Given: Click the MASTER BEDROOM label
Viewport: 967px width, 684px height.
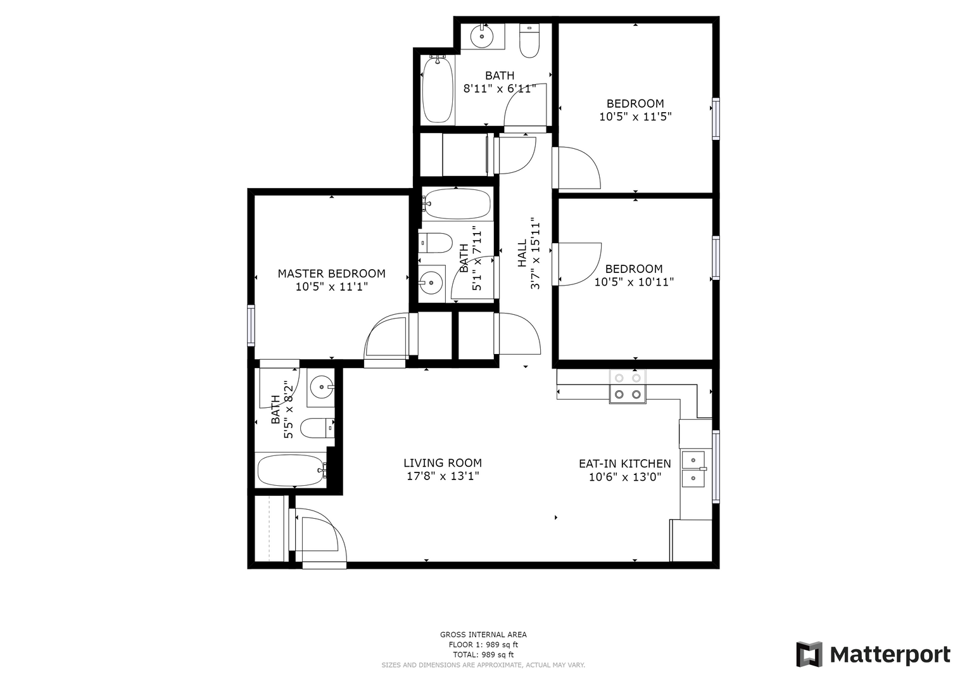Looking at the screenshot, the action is pos(332,274).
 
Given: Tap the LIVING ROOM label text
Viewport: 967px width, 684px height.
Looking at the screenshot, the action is pos(443,463).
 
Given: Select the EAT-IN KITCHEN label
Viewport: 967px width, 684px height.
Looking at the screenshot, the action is pos(624,464).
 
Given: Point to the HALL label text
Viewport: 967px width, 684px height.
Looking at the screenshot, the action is pos(522,253).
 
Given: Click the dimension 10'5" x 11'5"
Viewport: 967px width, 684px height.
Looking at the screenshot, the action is pos(635,117).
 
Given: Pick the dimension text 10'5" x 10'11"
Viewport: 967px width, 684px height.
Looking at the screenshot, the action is pos(634,282).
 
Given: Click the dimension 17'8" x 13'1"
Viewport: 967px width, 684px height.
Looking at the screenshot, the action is pos(443,476).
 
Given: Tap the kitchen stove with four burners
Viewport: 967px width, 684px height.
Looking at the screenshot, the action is pos(628,386).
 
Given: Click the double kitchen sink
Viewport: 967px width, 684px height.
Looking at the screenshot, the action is pos(693,469).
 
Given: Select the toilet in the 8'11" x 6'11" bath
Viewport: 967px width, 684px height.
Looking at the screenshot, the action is pos(529,41).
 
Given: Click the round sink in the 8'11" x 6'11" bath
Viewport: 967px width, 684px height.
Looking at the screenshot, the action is pos(482,36).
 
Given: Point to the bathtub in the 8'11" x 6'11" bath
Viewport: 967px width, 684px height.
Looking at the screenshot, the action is pos(438,89).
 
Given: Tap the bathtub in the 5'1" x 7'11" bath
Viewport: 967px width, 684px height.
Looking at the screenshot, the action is pos(457,204).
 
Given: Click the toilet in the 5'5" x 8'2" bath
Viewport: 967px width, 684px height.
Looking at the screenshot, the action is pos(317,428).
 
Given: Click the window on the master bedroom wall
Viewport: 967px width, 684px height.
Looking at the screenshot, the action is pos(251,326).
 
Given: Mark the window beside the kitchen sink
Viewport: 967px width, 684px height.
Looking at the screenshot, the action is pos(716,466).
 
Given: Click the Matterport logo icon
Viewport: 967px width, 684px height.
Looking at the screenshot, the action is pos(809,654).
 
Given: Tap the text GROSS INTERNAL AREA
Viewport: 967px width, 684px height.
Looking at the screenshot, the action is pos(483,635).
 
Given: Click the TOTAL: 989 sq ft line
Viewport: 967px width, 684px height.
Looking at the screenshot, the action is pos(483,655).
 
